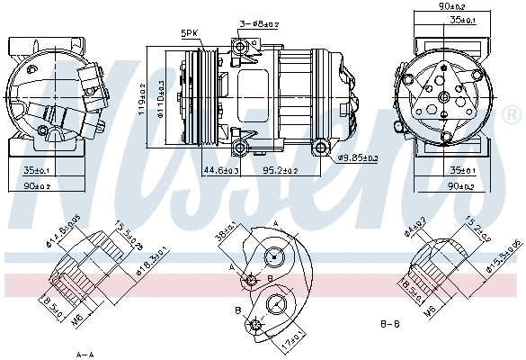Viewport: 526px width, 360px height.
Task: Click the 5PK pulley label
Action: pos(189,33)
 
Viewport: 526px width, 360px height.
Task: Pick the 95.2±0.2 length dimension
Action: pos(281,169)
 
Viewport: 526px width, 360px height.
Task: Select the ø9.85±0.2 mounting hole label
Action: pos(358,158)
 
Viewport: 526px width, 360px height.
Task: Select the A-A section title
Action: pos(85,352)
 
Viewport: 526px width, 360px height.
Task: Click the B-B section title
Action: pos(390,322)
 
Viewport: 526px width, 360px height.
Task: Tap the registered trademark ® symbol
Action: pos(510,115)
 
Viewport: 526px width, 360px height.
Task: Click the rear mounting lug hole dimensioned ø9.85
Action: pos(321,146)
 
